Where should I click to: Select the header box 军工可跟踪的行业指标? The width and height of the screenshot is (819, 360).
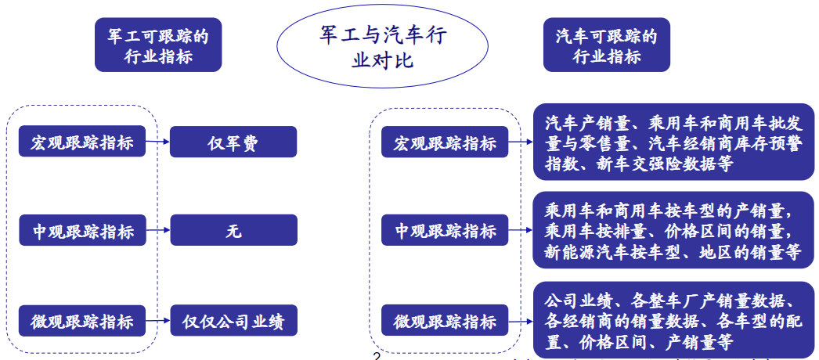[158, 45]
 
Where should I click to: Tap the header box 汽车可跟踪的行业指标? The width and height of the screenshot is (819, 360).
[606, 45]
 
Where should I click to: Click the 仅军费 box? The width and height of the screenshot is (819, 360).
[233, 142]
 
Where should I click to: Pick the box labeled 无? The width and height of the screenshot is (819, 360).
[233, 230]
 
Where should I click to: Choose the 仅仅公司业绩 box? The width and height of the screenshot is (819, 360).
[233, 320]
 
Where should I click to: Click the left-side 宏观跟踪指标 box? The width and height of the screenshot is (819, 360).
[82, 141]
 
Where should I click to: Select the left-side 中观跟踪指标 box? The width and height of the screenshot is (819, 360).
[82, 230]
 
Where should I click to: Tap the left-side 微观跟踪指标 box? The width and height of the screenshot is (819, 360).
[82, 320]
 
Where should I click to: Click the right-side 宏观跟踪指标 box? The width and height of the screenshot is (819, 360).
[445, 142]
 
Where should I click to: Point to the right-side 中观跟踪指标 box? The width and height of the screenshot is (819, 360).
[445, 230]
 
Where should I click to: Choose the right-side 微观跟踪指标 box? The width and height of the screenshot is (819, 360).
[445, 320]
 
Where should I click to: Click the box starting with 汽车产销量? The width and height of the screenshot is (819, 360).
[674, 142]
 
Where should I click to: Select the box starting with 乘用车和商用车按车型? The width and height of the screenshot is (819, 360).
[674, 230]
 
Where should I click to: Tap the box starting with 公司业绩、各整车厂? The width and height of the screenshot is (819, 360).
[674, 320]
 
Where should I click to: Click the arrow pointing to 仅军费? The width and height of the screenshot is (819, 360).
[157, 142]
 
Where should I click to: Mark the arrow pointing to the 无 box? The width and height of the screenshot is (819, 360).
[157, 230]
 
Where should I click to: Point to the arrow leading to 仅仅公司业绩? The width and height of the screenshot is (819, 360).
[157, 320]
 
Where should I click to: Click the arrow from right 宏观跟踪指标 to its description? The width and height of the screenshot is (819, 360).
[520, 142]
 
